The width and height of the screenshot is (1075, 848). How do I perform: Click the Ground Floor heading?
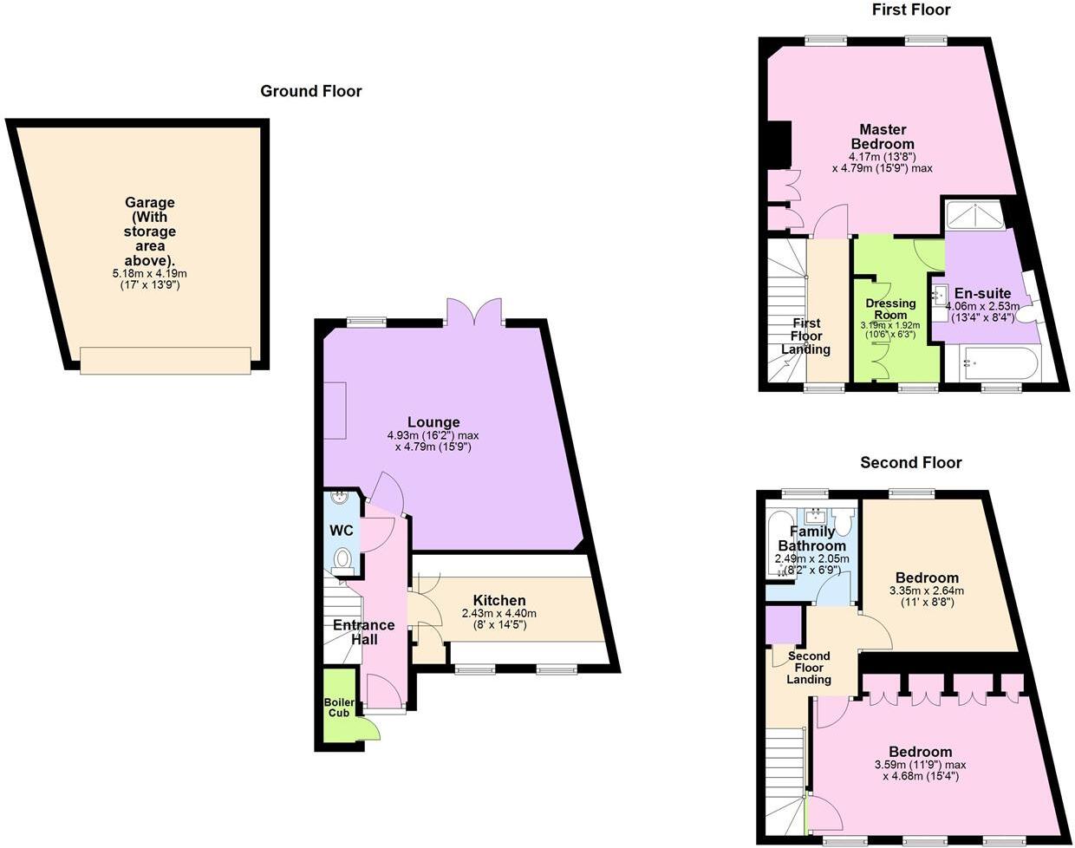click(x=311, y=91)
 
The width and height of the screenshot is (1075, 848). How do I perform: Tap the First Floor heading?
click(x=910, y=10)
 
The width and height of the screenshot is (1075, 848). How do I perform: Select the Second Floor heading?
click(x=910, y=463)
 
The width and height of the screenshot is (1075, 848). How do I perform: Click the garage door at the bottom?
click(x=166, y=360)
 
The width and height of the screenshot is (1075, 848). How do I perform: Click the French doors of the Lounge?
click(x=474, y=312)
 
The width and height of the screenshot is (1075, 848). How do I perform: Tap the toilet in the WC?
click(x=344, y=558)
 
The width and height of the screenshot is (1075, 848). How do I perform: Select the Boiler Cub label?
click(x=338, y=708)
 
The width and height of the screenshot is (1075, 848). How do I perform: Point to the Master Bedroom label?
click(x=883, y=137)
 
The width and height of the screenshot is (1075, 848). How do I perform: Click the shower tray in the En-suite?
click(x=974, y=214)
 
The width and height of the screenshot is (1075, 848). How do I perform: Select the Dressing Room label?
click(x=890, y=310)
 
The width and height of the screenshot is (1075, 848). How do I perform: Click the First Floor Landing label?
click(x=805, y=336)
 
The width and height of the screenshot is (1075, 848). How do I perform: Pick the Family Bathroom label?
click(x=811, y=538)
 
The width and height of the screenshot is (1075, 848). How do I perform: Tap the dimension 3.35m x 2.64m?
click(x=927, y=591)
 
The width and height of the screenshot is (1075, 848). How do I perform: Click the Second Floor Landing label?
click(x=809, y=668)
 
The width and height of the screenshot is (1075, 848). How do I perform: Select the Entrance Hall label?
click(x=364, y=632)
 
